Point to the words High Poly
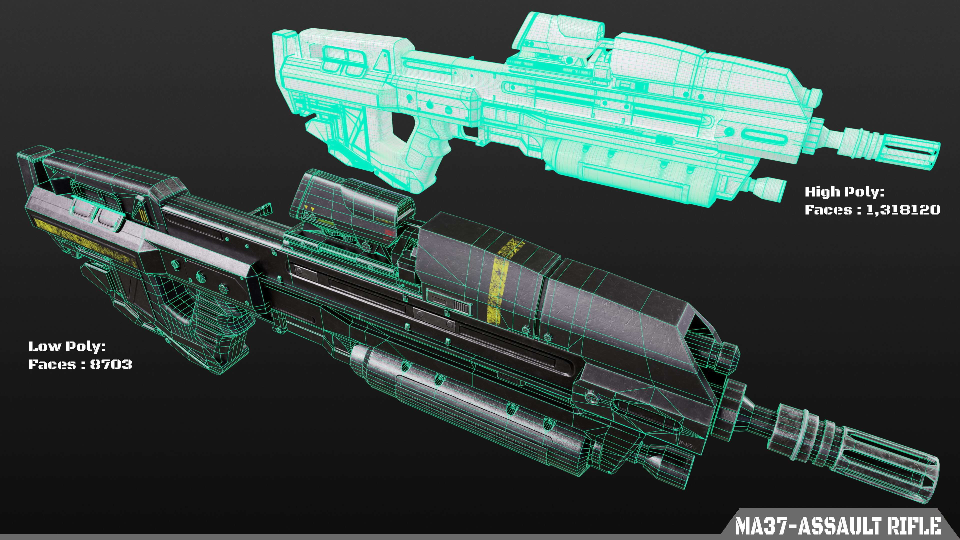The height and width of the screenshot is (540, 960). click(844, 192)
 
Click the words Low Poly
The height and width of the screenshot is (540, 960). click(67, 346)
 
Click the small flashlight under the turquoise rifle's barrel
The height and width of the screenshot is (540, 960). click(768, 188)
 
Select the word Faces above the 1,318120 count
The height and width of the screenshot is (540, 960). click(828, 210)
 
